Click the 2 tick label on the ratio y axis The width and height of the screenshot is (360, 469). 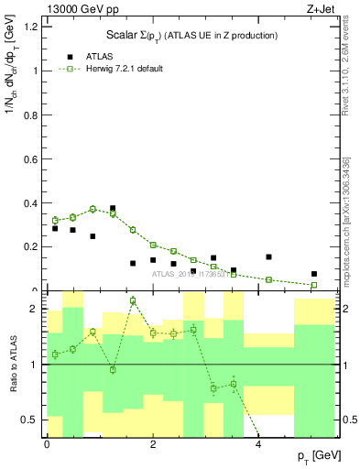click(x=34, y=309)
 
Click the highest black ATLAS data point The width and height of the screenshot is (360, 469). click(x=113, y=209)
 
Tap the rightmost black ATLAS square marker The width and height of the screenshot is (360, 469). click(x=314, y=274)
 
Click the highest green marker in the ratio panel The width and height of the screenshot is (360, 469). click(x=133, y=300)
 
